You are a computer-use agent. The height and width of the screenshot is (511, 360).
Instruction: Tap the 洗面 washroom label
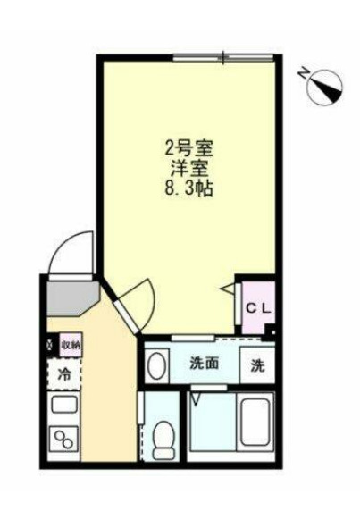click(205, 364)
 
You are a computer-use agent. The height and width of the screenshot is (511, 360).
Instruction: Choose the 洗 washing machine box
click(257, 364)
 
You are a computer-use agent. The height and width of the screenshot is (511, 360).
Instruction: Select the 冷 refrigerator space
click(64, 375)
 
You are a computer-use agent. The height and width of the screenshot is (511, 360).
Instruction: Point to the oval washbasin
click(157, 365)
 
